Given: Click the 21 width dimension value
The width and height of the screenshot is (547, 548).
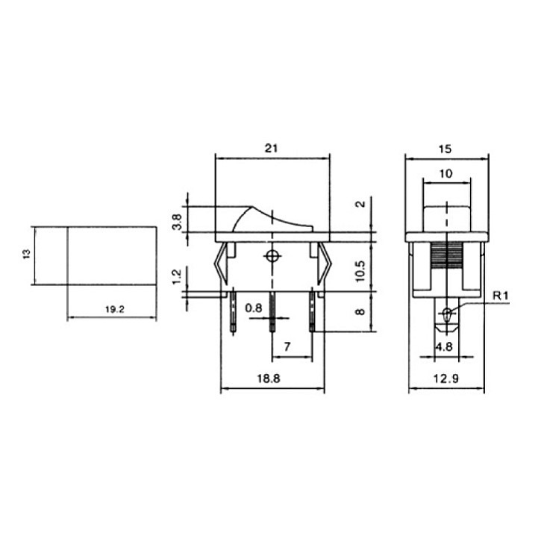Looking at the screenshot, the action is click(x=271, y=148).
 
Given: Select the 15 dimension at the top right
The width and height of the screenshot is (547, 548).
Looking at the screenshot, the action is click(x=445, y=149).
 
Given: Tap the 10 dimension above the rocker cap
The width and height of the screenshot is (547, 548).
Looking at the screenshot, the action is click(x=446, y=173).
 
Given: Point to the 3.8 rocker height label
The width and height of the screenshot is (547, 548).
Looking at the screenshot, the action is click(x=178, y=222).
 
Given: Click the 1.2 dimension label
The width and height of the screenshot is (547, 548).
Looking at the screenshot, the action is click(x=177, y=277).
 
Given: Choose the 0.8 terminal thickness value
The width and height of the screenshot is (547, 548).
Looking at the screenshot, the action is click(x=254, y=308).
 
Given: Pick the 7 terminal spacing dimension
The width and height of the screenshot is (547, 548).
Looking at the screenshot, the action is click(x=287, y=346).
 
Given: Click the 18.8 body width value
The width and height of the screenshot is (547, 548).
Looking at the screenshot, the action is click(x=269, y=379).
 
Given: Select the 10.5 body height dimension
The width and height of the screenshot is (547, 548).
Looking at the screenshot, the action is click(x=361, y=271).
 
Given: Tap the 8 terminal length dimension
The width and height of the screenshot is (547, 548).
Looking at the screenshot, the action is click(x=360, y=312).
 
